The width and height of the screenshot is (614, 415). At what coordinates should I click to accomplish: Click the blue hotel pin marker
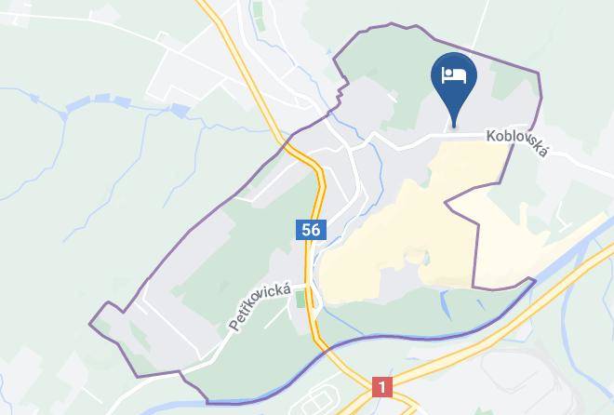pyautogui.click(x=455, y=79)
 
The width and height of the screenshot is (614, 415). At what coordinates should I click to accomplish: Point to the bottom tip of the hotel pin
pyautogui.click(x=455, y=126)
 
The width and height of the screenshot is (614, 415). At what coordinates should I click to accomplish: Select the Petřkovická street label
pyautogui.click(x=260, y=308)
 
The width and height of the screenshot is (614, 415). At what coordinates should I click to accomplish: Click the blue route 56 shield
pyautogui.click(x=310, y=229)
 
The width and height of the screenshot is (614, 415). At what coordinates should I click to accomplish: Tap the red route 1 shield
pyautogui.click(x=381, y=386)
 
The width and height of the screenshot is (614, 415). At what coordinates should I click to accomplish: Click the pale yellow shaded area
pyautogui.click(x=391, y=242)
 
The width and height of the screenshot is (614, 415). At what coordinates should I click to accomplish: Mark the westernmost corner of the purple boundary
pyautogui.click(x=90, y=324)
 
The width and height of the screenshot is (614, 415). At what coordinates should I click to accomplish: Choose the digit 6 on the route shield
pyautogui.click(x=314, y=229)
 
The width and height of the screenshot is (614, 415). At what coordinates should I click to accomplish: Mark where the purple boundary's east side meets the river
pyautogui.click(x=534, y=280)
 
